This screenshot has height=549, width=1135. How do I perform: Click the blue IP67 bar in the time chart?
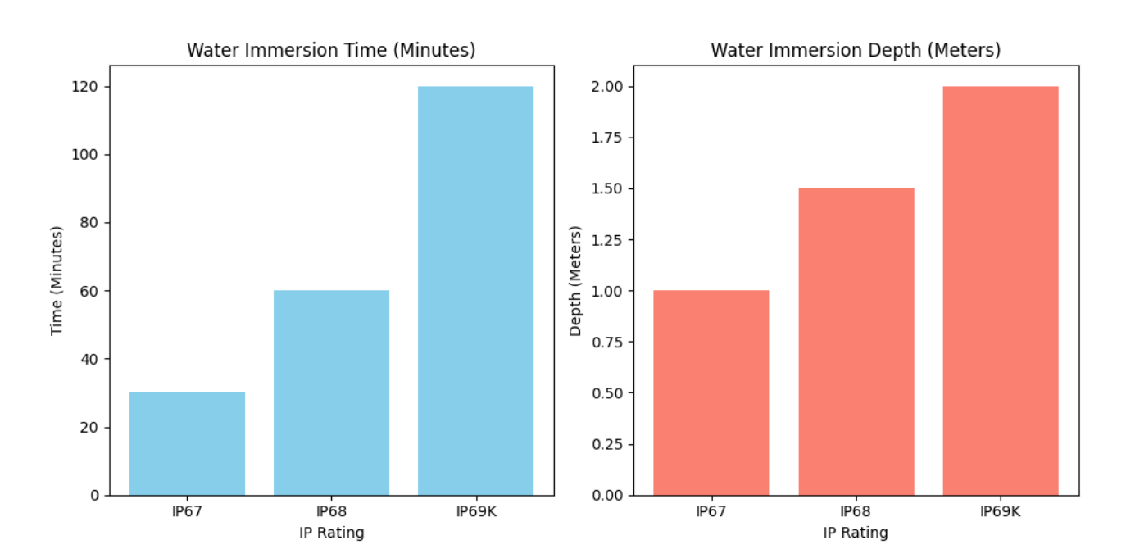[x=187, y=443]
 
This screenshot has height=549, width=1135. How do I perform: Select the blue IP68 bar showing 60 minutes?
[x=331, y=392]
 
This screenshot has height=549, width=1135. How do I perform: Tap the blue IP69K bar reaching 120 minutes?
[x=475, y=291]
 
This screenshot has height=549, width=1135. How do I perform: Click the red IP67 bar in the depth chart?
[x=711, y=392]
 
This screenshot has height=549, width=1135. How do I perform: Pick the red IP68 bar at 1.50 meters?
[x=856, y=342]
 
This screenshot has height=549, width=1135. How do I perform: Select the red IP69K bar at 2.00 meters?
[x=1000, y=291]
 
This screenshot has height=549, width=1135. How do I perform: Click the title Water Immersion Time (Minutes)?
[x=331, y=50]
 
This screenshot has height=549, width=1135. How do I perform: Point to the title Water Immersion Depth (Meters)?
[x=856, y=50]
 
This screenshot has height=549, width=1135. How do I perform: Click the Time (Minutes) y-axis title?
[x=57, y=280]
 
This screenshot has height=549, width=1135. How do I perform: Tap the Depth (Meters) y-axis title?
[x=575, y=280]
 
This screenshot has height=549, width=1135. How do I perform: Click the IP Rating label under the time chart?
[x=331, y=533]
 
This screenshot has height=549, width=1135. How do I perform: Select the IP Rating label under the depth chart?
[x=856, y=533]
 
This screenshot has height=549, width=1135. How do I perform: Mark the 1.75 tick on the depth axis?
[x=608, y=138]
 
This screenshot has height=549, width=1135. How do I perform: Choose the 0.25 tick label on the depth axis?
[x=608, y=444]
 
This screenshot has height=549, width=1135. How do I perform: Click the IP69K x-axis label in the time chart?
[x=475, y=512]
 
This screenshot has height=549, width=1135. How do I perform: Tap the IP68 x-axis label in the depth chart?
[x=856, y=512]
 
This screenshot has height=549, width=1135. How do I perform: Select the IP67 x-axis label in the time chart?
[x=187, y=512]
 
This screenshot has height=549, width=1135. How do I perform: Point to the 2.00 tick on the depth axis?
[x=608, y=87]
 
